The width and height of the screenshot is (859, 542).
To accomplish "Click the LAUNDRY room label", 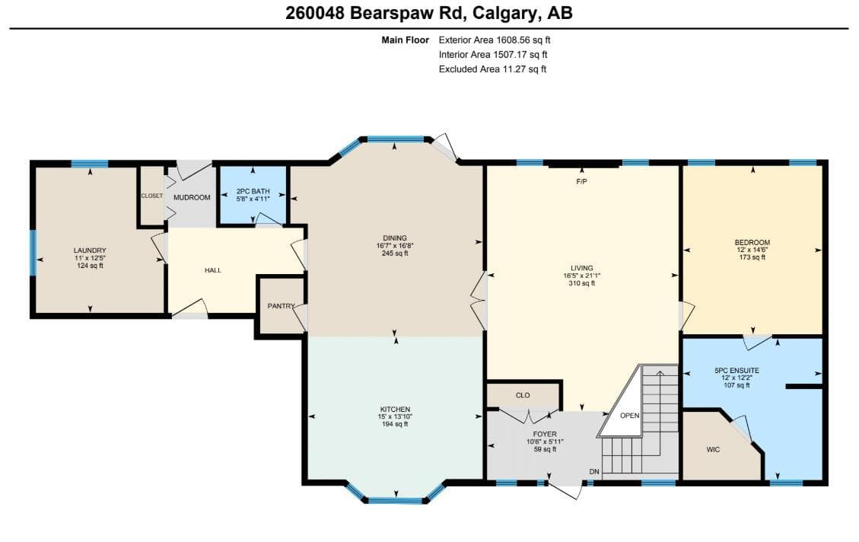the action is pos(90,250).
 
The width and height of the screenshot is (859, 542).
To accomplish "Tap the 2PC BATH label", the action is pos(253,191).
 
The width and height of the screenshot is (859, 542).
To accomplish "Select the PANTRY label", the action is pos(281,306).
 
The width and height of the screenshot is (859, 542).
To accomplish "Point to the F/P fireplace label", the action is pos(582,181).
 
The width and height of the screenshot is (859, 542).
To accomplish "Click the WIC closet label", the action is pos(713,450).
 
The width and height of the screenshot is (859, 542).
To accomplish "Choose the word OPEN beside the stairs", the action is pos(629,416).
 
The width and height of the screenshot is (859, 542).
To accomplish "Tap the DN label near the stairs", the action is pos(594,472).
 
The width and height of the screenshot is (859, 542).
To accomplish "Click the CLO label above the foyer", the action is pos(523,395).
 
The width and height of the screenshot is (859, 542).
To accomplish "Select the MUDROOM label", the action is pos(192,197).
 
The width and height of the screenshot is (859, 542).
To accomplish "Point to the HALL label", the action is pos(213,270).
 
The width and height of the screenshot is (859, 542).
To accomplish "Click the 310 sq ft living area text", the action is pos(582,283).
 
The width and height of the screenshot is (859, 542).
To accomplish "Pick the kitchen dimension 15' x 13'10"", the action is pos(395,416).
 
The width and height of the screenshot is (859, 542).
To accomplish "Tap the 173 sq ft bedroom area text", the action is pos(752,257).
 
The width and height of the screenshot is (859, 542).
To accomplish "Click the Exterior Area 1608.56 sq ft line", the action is pos(495,40).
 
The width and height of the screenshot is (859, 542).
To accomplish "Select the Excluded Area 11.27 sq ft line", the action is pos(492,69).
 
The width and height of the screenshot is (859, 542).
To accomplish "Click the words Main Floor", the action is pos(406,40).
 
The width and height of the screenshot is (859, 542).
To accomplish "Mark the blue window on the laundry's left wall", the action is pos(33,252).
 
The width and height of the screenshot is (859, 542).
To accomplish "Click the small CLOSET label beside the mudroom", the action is pos(151,196).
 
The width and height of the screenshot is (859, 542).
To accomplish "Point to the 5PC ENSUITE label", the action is pos(737,371).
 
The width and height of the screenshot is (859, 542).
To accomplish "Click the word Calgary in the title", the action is pos(504,13).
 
